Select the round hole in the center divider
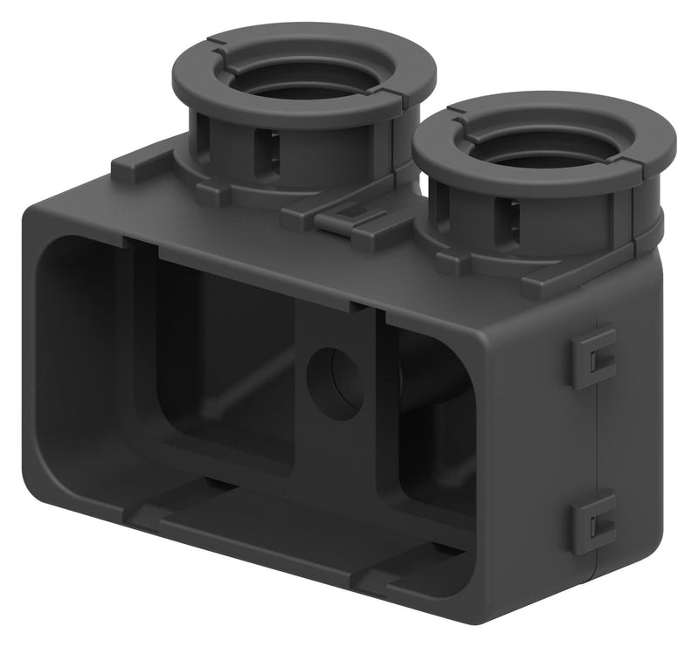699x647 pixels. (x=336, y=382)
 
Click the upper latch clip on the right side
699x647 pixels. (x=595, y=355)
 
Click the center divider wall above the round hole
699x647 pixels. (x=336, y=327)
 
